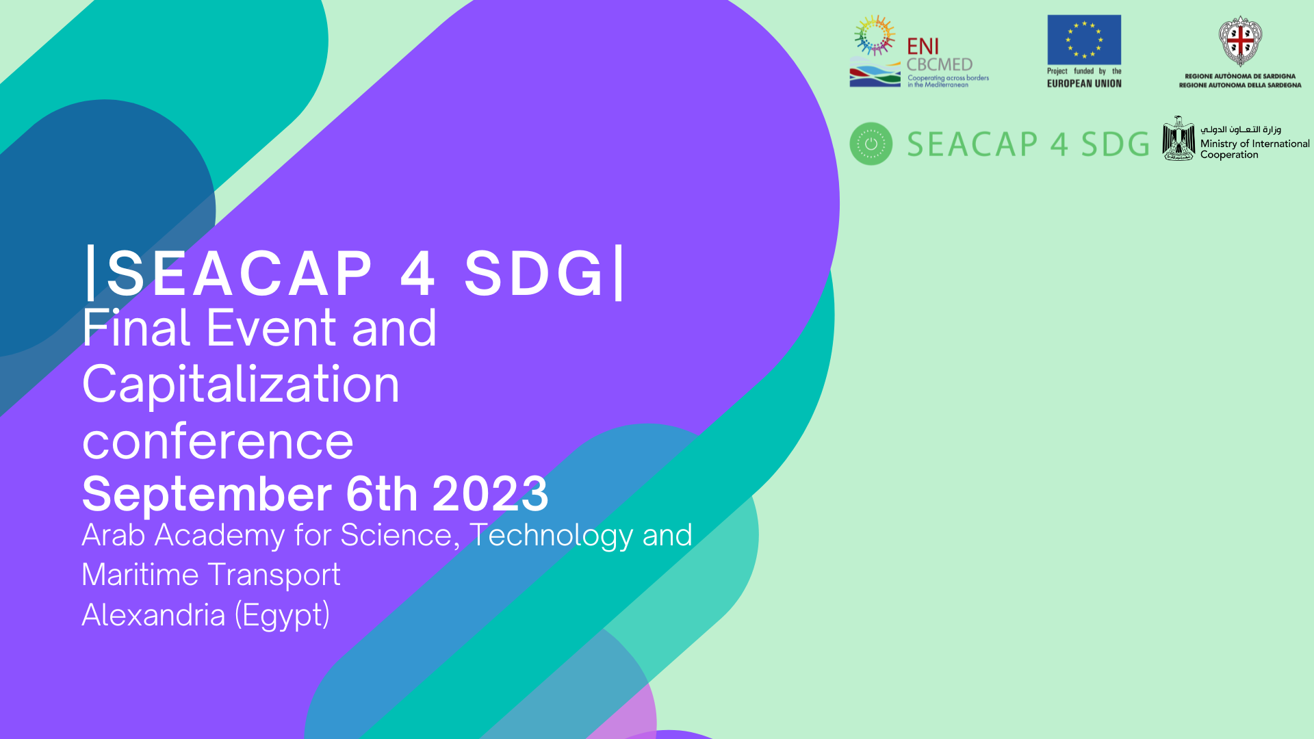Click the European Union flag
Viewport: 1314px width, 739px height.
[1084, 40]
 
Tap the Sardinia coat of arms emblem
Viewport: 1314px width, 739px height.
[1240, 41]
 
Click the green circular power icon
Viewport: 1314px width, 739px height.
[871, 144]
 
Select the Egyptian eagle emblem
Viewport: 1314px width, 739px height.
[1178, 138]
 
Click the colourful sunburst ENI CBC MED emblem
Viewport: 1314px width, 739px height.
[875, 36]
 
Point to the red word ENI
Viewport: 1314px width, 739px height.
[923, 47]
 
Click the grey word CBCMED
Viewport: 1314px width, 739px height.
[940, 64]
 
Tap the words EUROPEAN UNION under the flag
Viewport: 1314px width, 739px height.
[1084, 83]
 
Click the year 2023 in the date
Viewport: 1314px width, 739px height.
[490, 493]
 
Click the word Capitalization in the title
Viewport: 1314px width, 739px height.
[241, 386]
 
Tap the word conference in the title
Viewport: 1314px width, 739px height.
[218, 441]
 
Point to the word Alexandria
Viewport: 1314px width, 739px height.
[153, 614]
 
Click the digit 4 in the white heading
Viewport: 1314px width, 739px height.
[417, 273]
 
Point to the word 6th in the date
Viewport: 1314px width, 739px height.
[382, 493]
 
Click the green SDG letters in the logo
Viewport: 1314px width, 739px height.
[1115, 144]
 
